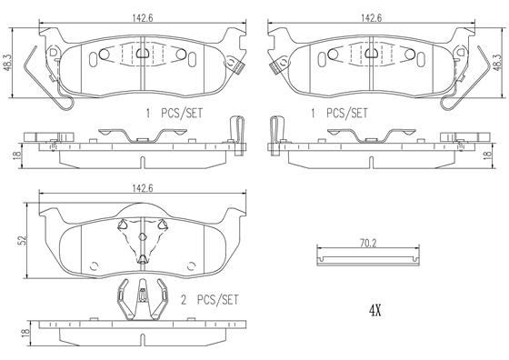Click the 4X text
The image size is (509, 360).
tap(374, 311)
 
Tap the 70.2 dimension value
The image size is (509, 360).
tap(368, 244)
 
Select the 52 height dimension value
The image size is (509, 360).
tap(23, 241)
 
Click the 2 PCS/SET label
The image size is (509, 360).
tap(209, 300)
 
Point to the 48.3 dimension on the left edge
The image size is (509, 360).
tap(8, 62)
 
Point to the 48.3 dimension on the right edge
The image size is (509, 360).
tap(497, 62)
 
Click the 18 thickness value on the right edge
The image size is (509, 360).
tap(487, 155)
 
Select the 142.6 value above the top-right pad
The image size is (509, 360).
tap(372, 18)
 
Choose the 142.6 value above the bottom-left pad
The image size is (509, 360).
tap(142, 188)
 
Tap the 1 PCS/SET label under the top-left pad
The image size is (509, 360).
tap(175, 114)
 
